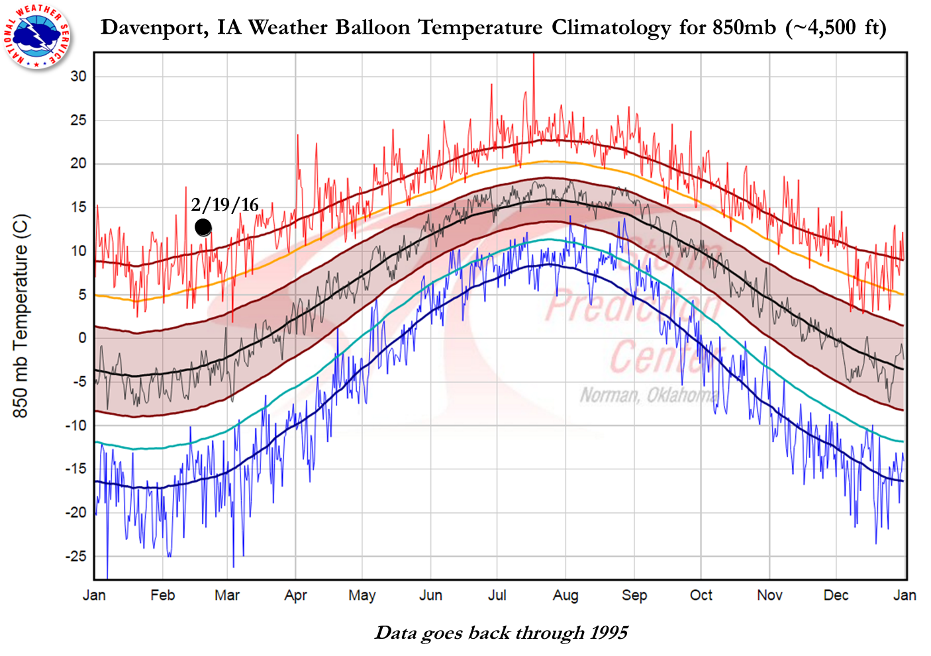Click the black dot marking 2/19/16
[203, 227]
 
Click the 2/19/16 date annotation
[224, 205]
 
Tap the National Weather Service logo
[38, 34]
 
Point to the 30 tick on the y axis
[78, 76]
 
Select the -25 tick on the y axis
[75, 556]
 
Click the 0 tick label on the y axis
[82, 338]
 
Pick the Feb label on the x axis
[162, 595]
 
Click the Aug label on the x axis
[565, 595]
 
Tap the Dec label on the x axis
[836, 595]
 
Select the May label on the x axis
[362, 595]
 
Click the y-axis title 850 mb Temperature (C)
[21, 316]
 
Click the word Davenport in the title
[150, 27]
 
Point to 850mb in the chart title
[744, 27]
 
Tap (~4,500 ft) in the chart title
[836, 27]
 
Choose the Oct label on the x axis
[701, 595]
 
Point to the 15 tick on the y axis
[78, 207]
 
